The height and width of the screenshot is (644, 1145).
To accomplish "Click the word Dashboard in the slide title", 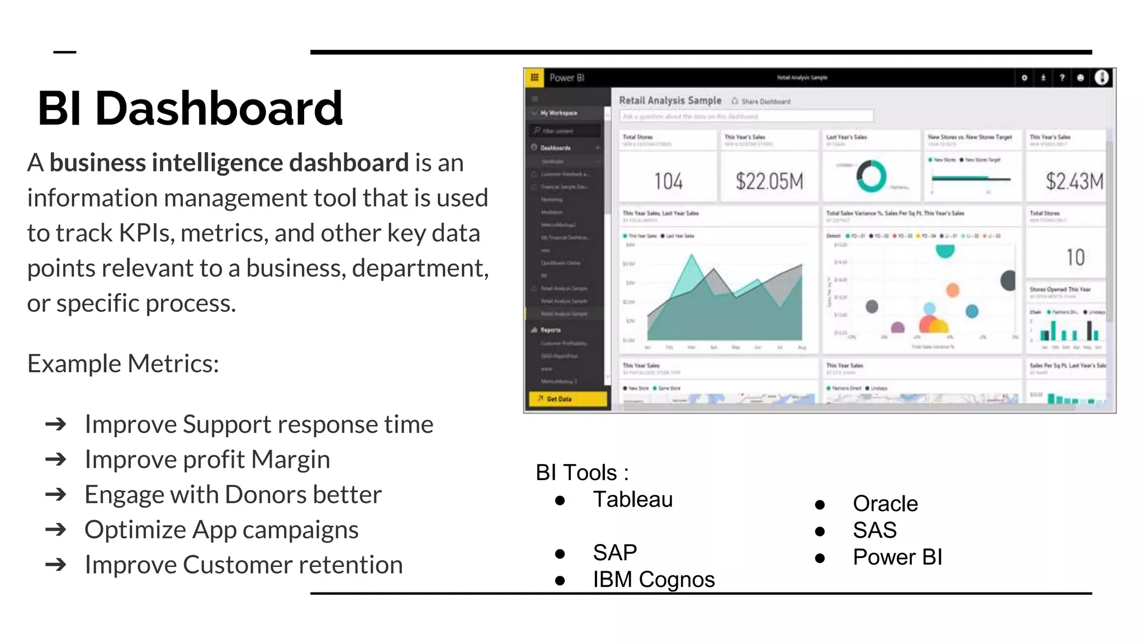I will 219,108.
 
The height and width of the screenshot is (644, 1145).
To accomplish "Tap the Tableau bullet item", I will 632,499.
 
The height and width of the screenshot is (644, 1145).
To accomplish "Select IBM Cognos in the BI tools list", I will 654,580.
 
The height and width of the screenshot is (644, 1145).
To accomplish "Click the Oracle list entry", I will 885,504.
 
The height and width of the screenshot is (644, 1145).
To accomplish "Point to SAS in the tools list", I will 874,530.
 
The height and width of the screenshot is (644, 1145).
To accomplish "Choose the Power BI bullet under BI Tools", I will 897,557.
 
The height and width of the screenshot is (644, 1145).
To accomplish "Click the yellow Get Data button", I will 567,399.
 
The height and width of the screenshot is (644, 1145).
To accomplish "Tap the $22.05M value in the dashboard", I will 769,181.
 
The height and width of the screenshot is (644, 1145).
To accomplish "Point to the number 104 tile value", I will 668,181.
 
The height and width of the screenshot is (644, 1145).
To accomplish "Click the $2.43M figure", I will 1074,181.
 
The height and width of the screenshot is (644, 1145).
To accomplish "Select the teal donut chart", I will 871,176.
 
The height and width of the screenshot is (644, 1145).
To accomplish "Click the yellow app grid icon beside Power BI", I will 534,78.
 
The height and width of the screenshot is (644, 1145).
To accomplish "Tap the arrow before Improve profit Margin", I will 56,460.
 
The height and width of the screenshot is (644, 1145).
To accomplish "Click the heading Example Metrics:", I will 123,363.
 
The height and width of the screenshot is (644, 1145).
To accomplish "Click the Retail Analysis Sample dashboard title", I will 670,101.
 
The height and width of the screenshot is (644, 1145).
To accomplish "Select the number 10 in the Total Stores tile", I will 1075,257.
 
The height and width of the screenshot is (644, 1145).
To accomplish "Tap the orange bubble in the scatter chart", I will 953,290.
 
